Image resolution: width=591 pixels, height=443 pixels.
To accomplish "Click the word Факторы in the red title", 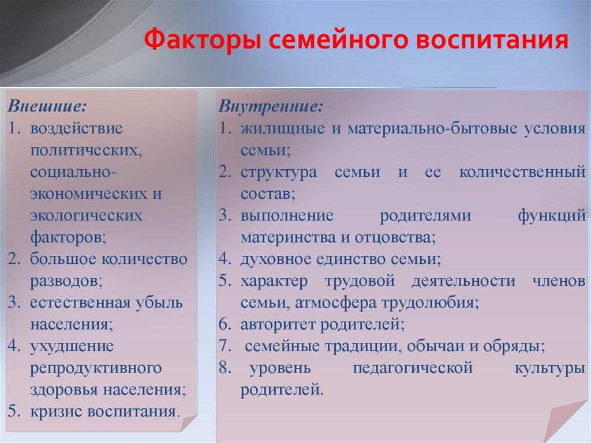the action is (202, 40).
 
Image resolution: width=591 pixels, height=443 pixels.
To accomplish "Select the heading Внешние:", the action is (47, 106).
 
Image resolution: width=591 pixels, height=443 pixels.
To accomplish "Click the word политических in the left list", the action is (86, 150).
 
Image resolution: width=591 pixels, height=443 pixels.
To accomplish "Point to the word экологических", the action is (87, 215).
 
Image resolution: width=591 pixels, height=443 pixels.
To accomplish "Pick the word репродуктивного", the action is (96, 368).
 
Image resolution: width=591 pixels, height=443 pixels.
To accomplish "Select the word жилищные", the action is (283, 128).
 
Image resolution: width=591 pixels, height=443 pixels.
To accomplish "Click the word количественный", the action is (522, 172).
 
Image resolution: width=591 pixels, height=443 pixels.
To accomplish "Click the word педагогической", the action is (413, 368).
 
